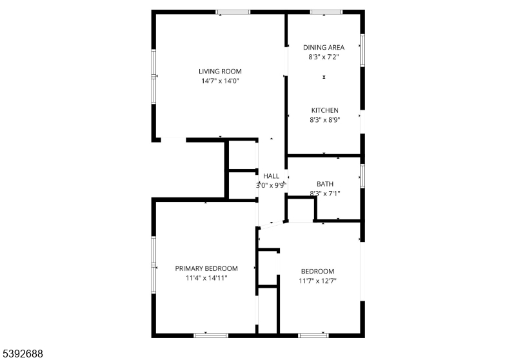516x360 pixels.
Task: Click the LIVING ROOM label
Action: click(220, 71)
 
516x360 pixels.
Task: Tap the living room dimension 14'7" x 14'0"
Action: click(220, 81)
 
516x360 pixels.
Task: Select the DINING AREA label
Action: click(324, 47)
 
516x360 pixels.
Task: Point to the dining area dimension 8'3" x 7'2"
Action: click(324, 57)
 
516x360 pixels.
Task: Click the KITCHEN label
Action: click(324, 110)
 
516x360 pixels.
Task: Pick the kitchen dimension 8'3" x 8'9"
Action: click(324, 120)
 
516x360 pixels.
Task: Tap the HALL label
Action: click(271, 175)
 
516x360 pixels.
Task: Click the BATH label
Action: click(324, 184)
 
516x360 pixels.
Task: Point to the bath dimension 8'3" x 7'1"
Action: click(324, 194)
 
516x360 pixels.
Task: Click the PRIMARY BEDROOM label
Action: click(206, 268)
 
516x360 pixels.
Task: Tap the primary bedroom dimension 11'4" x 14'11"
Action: click(206, 278)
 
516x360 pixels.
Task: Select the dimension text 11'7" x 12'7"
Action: click(317, 281)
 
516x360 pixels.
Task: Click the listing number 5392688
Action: click(23, 353)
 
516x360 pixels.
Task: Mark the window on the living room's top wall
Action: click(233, 12)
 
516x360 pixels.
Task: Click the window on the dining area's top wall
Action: click(327, 12)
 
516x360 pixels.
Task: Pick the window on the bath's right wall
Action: click(362, 175)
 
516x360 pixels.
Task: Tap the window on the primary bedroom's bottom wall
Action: click(211, 335)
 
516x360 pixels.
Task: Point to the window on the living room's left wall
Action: click(154, 76)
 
